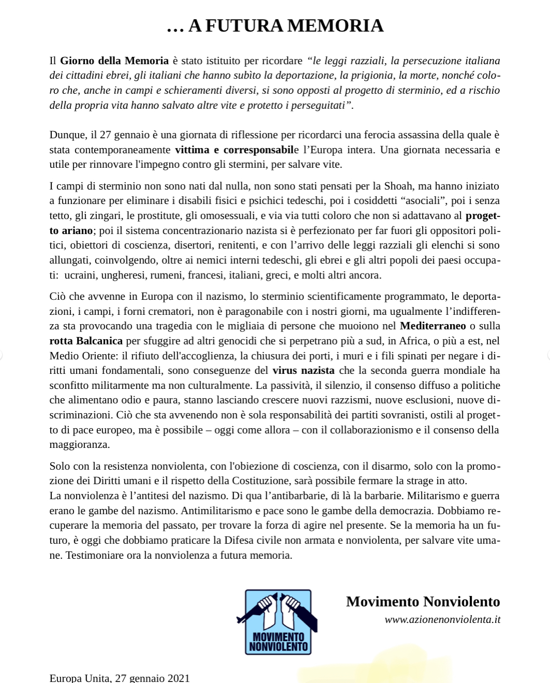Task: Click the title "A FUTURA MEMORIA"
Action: [285, 26]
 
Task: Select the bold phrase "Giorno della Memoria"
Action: [114, 61]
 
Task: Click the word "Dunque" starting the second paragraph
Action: [68, 135]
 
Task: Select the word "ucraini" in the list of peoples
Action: [80, 275]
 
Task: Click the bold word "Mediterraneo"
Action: [433, 326]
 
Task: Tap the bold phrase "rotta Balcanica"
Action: [86, 341]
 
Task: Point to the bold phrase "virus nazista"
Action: [303, 371]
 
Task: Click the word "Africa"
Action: [413, 341]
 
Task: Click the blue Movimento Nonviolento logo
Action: [278, 622]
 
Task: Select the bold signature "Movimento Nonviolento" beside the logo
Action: [423, 602]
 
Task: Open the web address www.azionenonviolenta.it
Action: [442, 620]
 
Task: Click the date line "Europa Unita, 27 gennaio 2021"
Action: [120, 678]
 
